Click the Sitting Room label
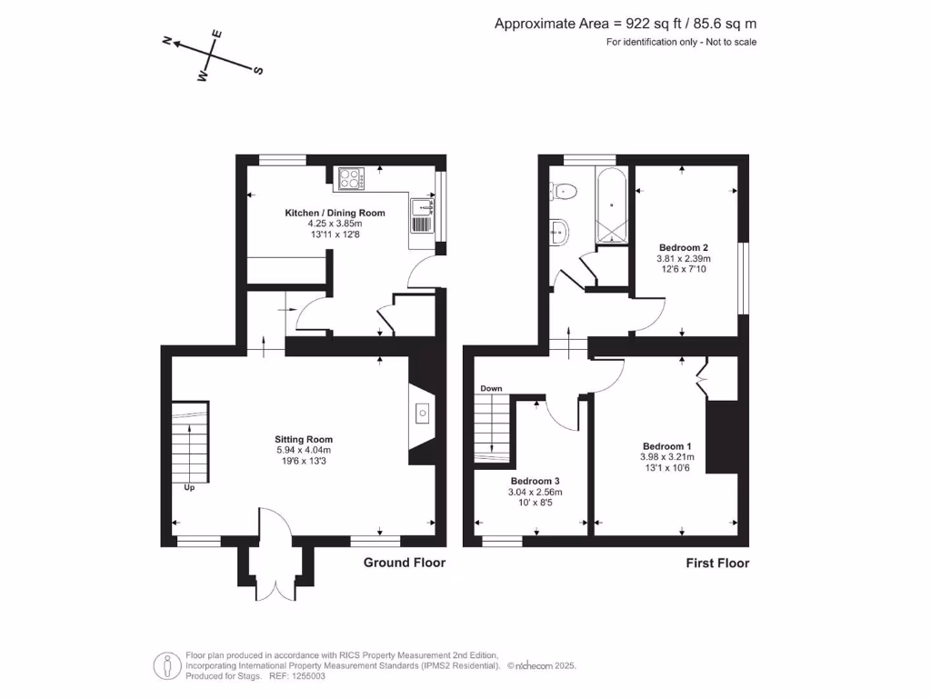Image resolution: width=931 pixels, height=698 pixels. [x=304, y=439]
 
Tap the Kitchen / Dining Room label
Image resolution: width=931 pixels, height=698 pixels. [x=335, y=213]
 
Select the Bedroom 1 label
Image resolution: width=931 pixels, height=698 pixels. [x=667, y=445]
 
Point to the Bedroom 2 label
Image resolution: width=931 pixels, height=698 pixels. [x=683, y=247]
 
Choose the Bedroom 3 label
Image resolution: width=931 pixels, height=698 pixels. [x=535, y=481]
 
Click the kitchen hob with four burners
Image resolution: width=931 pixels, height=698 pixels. [x=350, y=179]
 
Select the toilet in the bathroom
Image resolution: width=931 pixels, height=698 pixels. [x=564, y=191]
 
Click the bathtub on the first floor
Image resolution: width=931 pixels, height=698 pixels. [x=612, y=205]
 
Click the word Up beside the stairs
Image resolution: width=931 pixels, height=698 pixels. [x=190, y=488]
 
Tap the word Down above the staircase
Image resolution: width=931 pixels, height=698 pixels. [x=491, y=388]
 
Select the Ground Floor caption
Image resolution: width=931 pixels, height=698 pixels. [x=405, y=563]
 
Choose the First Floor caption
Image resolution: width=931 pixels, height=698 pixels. [x=717, y=563]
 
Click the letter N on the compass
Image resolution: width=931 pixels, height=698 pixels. [x=167, y=41]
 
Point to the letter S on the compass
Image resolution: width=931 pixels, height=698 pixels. [x=258, y=70]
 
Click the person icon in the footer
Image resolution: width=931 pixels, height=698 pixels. [x=166, y=665]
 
